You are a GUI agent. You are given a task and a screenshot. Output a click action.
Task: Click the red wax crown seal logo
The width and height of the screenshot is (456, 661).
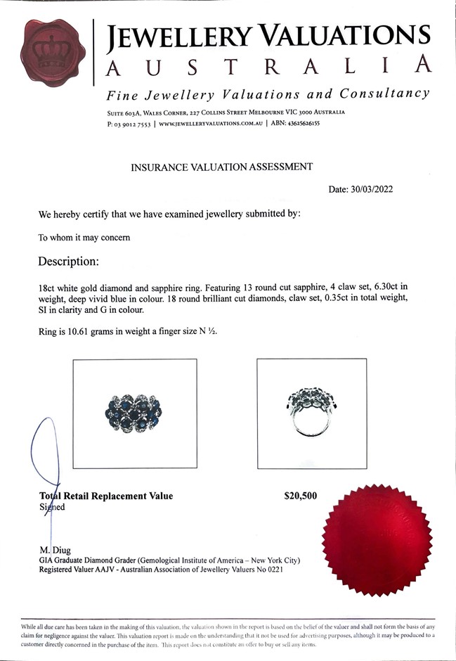[x=53, y=52]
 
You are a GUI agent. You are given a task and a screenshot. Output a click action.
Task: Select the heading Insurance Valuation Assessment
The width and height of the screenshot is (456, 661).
[x=221, y=167]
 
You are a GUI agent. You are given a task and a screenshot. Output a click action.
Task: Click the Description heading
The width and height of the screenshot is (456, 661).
[x=68, y=262]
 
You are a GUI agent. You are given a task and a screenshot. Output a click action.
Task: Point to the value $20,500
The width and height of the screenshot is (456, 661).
[x=300, y=496]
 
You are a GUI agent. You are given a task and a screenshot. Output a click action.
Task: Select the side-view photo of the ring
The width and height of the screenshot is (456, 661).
[x=311, y=413]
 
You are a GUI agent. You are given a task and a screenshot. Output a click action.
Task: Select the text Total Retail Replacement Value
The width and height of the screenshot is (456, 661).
[x=106, y=496]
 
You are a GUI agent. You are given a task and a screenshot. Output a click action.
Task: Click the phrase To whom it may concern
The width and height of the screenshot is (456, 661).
[x=84, y=238]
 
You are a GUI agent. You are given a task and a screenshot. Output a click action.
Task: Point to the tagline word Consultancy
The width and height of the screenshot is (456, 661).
[x=384, y=94]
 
